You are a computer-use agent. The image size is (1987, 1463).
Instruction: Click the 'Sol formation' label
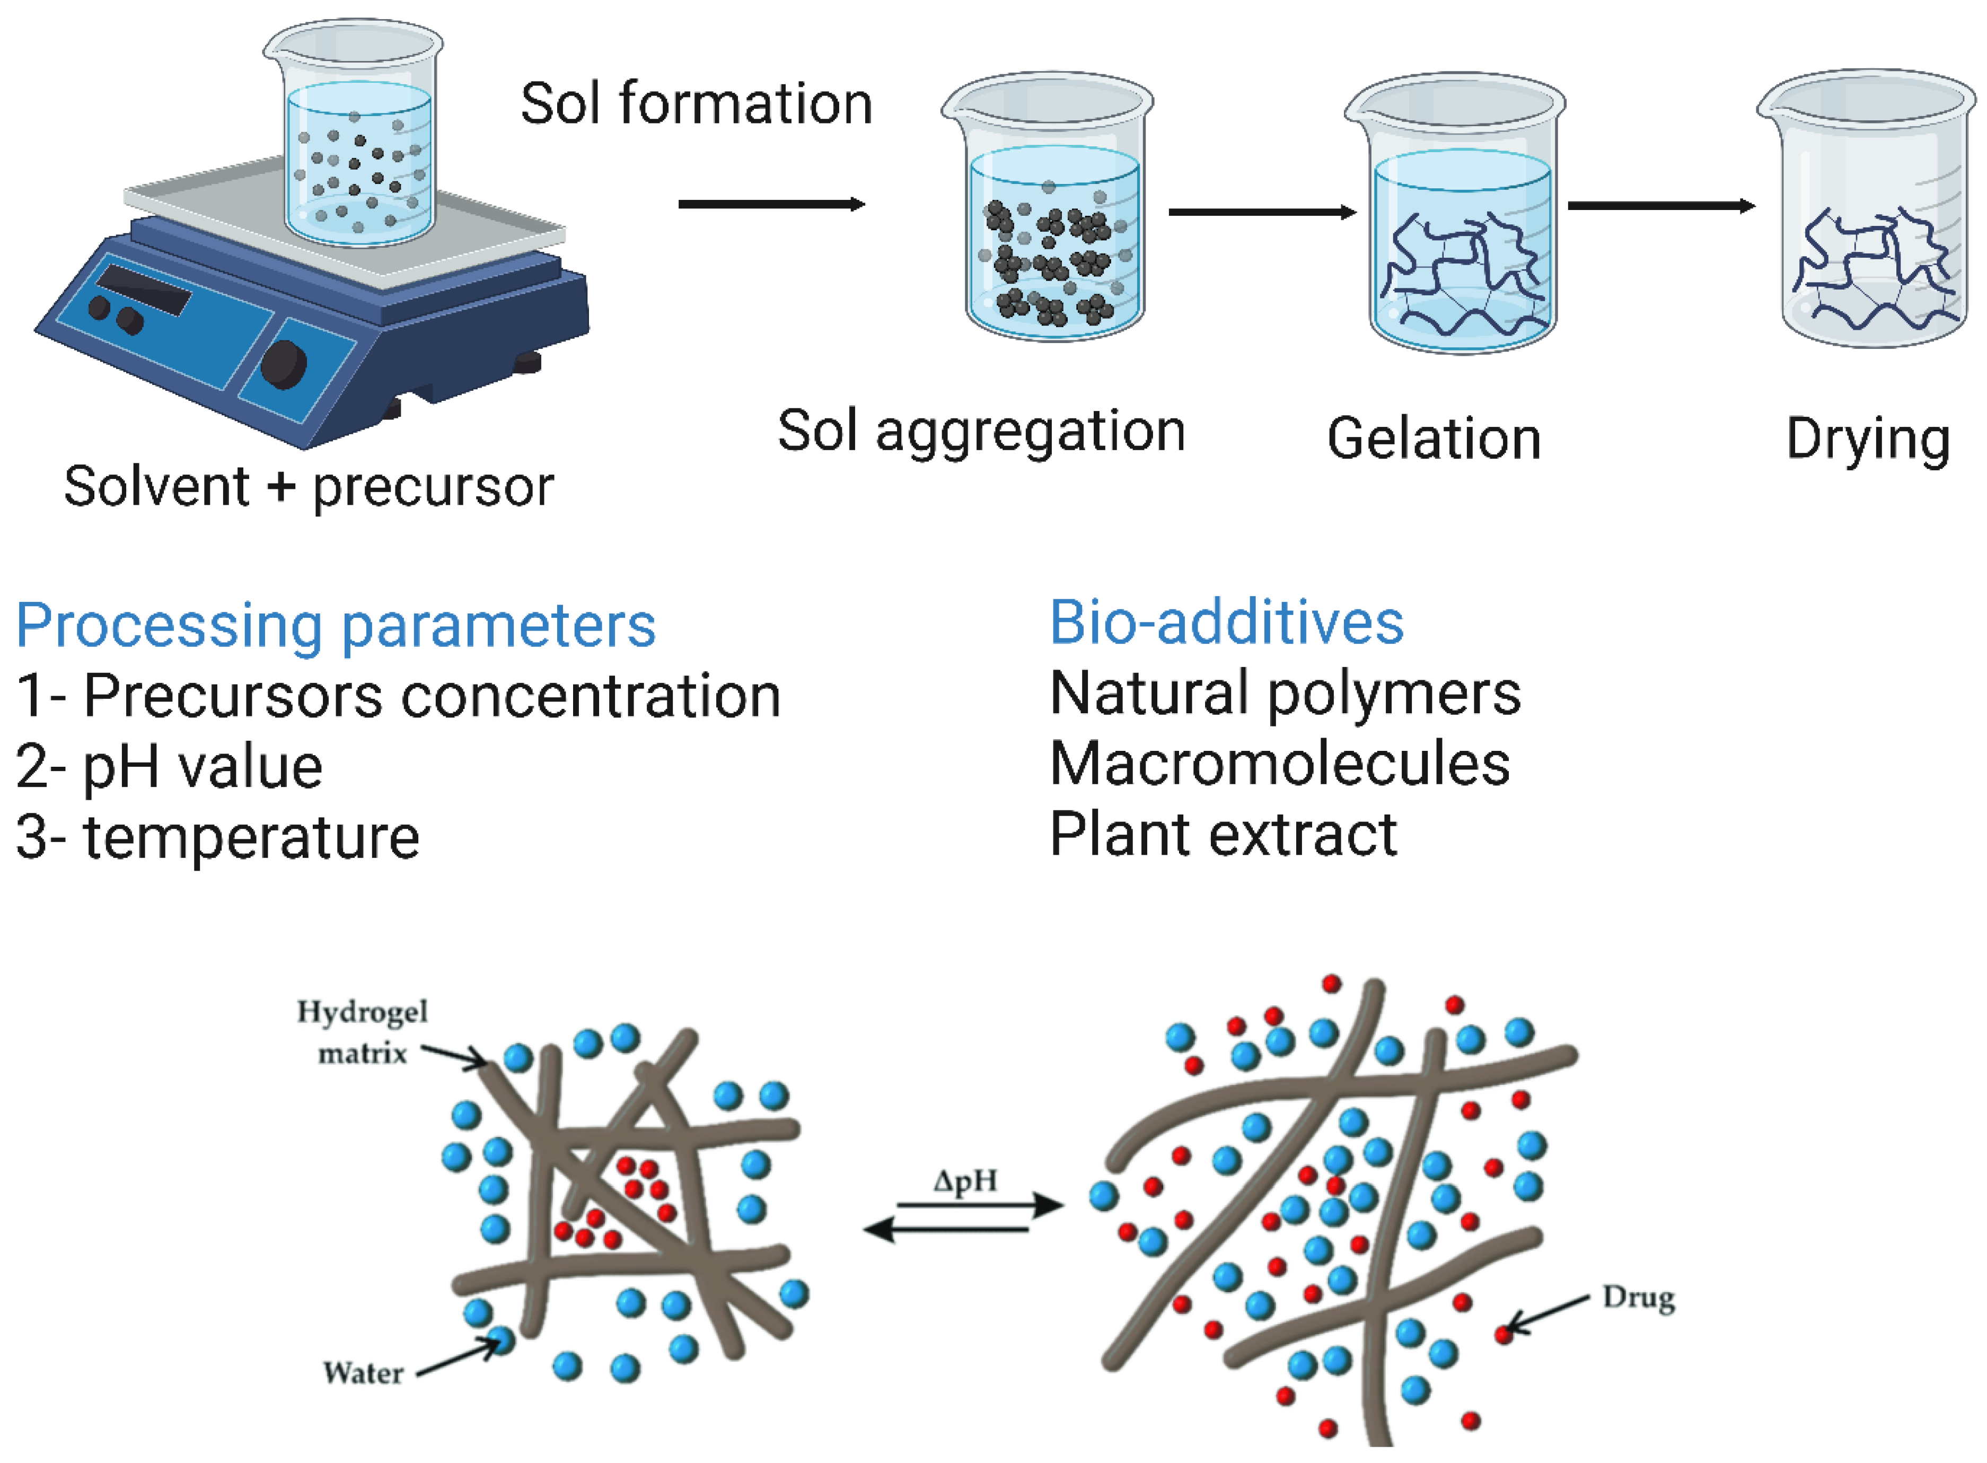[x=696, y=103]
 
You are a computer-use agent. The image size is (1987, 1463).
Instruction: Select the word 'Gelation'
[x=1434, y=439]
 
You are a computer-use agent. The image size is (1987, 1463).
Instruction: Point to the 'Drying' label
[x=1868, y=439]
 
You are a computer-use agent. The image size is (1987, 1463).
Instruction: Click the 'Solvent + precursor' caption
[x=308, y=486]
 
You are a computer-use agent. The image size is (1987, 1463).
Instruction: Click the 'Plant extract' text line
[x=1222, y=834]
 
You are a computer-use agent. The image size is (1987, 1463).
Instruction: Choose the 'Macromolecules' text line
[x=1279, y=764]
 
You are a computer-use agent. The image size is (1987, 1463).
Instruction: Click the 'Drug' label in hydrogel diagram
[x=1638, y=1298]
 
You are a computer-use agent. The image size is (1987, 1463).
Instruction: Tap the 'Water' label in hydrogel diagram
[x=363, y=1373]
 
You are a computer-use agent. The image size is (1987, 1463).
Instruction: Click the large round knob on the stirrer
[x=283, y=364]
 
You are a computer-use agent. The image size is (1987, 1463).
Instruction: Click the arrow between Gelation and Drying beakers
[x=1660, y=205]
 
